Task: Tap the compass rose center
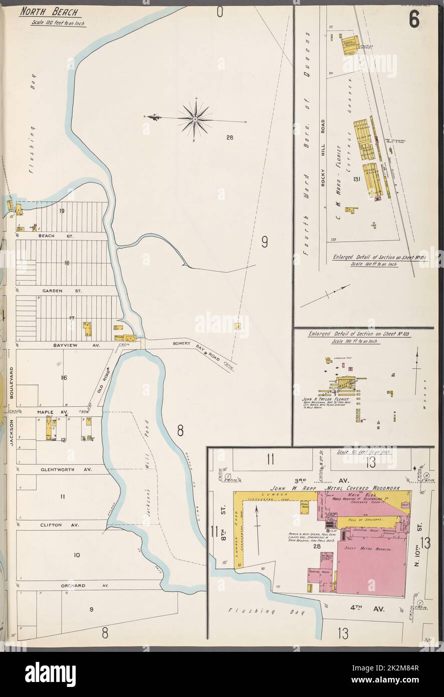(196, 119)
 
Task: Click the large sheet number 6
(414, 20)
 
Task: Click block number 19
(61, 211)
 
